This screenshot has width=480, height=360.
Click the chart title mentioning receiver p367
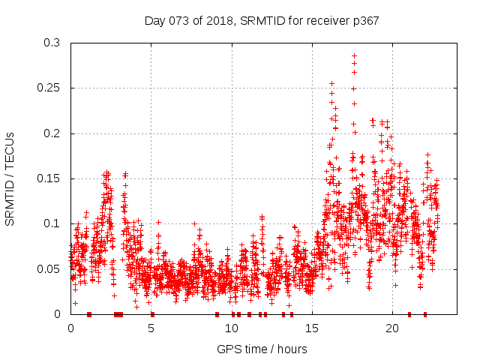[x=262, y=20]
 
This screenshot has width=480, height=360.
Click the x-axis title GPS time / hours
[x=262, y=349]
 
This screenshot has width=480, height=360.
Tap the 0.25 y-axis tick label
[x=50, y=88]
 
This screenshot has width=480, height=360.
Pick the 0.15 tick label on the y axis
[x=50, y=178]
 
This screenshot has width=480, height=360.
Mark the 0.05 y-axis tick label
[x=50, y=268]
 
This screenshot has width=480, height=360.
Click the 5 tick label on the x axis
[x=151, y=328]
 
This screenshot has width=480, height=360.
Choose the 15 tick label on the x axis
[x=311, y=328]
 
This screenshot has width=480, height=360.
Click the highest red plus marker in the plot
[x=354, y=55]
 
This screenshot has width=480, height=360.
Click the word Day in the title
[x=155, y=20]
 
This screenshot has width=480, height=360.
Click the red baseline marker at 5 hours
[x=152, y=313]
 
